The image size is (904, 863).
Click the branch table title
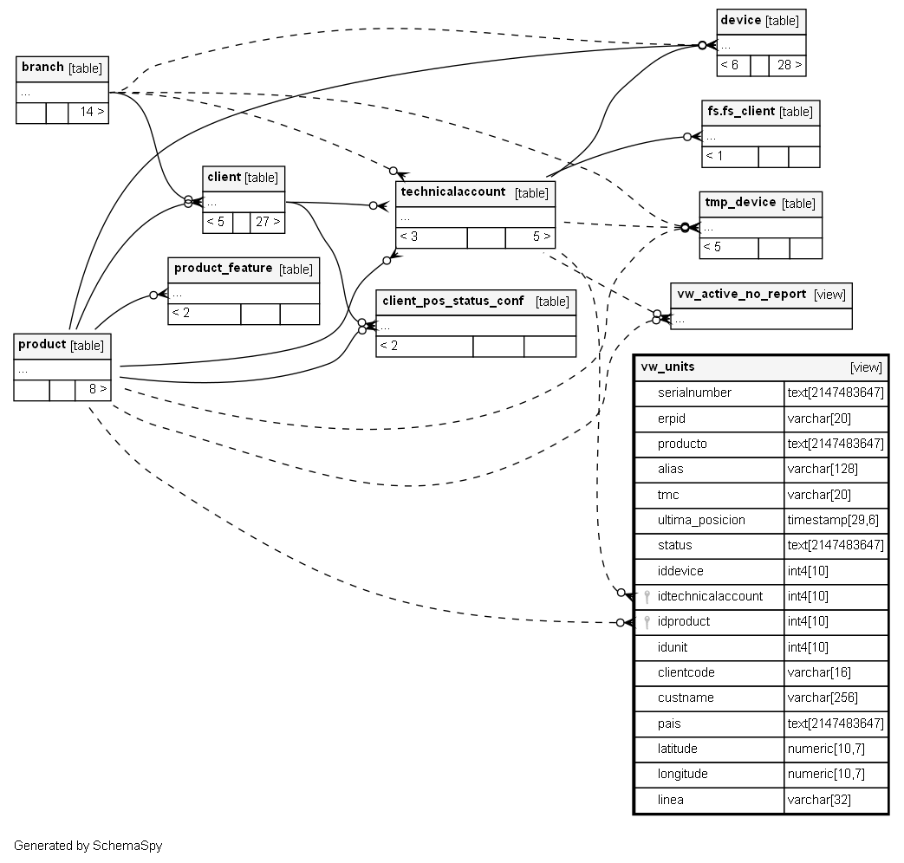tap(42, 68)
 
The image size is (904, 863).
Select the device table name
tap(740, 20)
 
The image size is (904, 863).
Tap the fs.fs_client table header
tap(741, 112)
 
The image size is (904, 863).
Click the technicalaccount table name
tap(452, 192)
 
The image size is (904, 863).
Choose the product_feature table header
tap(223, 269)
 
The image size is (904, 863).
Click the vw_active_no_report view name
tap(741, 295)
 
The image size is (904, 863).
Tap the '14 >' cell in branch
tap(88, 113)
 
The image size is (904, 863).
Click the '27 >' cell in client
tap(267, 222)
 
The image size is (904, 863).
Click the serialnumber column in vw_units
tap(694, 393)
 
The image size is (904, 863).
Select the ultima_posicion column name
tap(701, 521)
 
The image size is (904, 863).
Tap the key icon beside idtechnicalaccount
tap(647, 596)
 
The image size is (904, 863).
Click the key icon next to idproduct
tap(647, 621)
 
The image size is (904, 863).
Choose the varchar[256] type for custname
tap(823, 698)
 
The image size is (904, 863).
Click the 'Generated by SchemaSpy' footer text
tap(88, 846)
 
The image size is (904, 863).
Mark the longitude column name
tap(682, 774)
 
